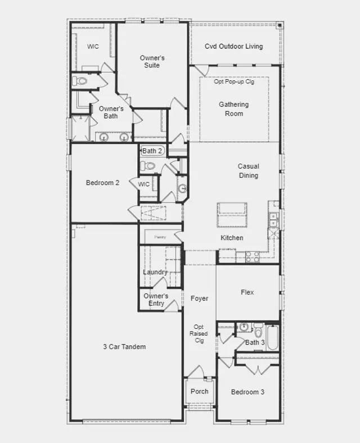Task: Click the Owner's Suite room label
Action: (x=152, y=62)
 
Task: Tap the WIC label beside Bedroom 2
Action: (x=143, y=184)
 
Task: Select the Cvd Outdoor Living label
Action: (x=233, y=46)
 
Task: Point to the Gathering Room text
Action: (x=234, y=109)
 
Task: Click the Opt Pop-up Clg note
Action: (x=234, y=82)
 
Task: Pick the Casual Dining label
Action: (x=249, y=171)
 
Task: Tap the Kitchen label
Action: (x=232, y=238)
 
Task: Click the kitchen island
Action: (x=232, y=215)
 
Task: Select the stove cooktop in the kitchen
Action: (x=253, y=257)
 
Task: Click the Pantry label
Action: (x=160, y=237)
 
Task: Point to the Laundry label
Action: (x=155, y=272)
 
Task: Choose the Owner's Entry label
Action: (x=156, y=300)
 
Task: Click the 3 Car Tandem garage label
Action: (x=124, y=347)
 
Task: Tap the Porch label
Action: (x=200, y=392)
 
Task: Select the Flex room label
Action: (x=247, y=292)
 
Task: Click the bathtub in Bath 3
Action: (x=273, y=338)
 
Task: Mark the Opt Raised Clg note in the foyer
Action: (x=199, y=334)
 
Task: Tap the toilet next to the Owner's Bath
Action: (x=79, y=82)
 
